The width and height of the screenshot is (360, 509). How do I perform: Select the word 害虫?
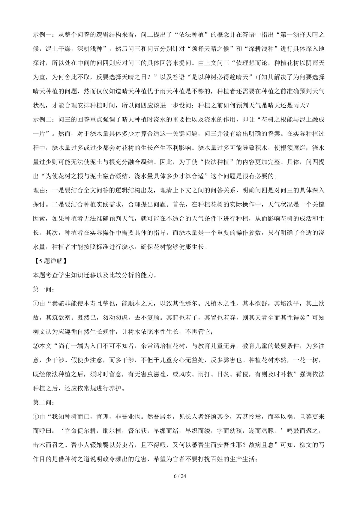pyautogui.click(x=148, y=374)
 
